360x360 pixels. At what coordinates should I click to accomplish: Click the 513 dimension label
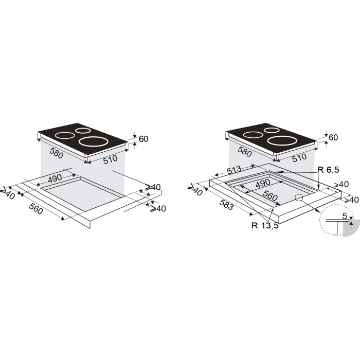pos(234,170)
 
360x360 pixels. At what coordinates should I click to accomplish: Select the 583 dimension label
pos(226,204)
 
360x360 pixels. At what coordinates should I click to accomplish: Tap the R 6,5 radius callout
pos(328,170)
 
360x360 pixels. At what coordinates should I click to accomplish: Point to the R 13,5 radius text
pos(265,225)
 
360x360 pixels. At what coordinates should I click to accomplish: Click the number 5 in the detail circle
pos(345,216)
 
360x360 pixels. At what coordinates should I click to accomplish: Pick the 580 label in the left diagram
pos(56,153)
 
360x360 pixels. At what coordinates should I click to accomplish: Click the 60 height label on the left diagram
pos(143,139)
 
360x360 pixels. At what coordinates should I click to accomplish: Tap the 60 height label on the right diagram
pos(333,137)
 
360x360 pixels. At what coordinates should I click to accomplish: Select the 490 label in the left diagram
pos(55,178)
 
